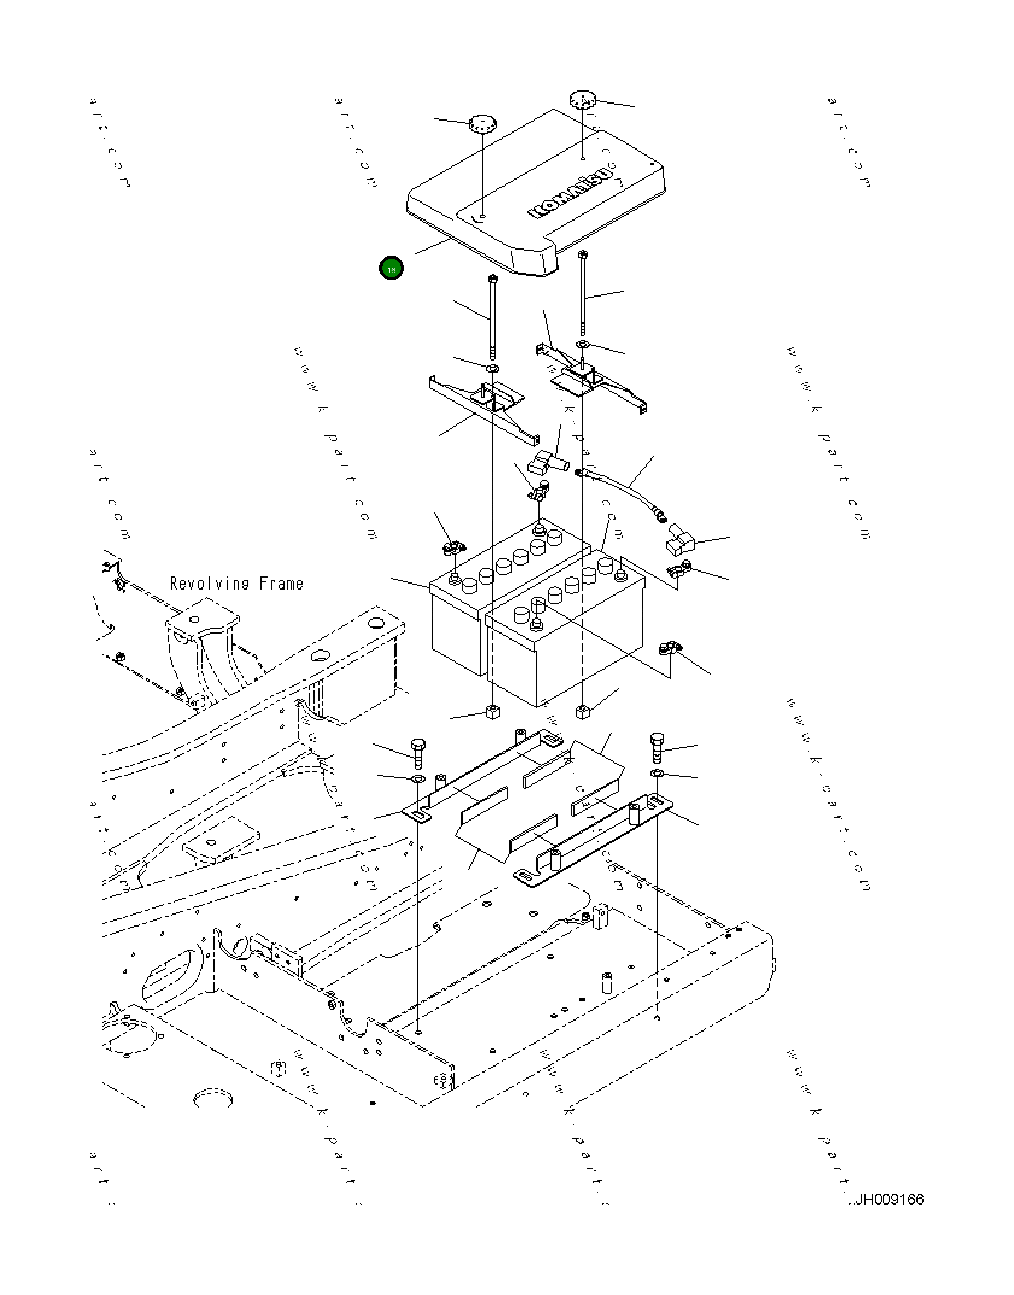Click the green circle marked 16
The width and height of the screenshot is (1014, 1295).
coord(391,269)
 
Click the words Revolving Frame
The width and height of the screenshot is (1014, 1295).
coord(236,584)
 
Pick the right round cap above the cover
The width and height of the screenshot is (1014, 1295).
coord(582,100)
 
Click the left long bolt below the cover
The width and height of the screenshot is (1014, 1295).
coord(493,317)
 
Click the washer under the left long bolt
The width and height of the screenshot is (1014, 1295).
coord(493,368)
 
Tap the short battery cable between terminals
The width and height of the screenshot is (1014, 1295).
coord(621,488)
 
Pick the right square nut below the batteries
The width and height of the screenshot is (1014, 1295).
coord(583,711)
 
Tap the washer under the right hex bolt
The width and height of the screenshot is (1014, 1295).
coord(658,774)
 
